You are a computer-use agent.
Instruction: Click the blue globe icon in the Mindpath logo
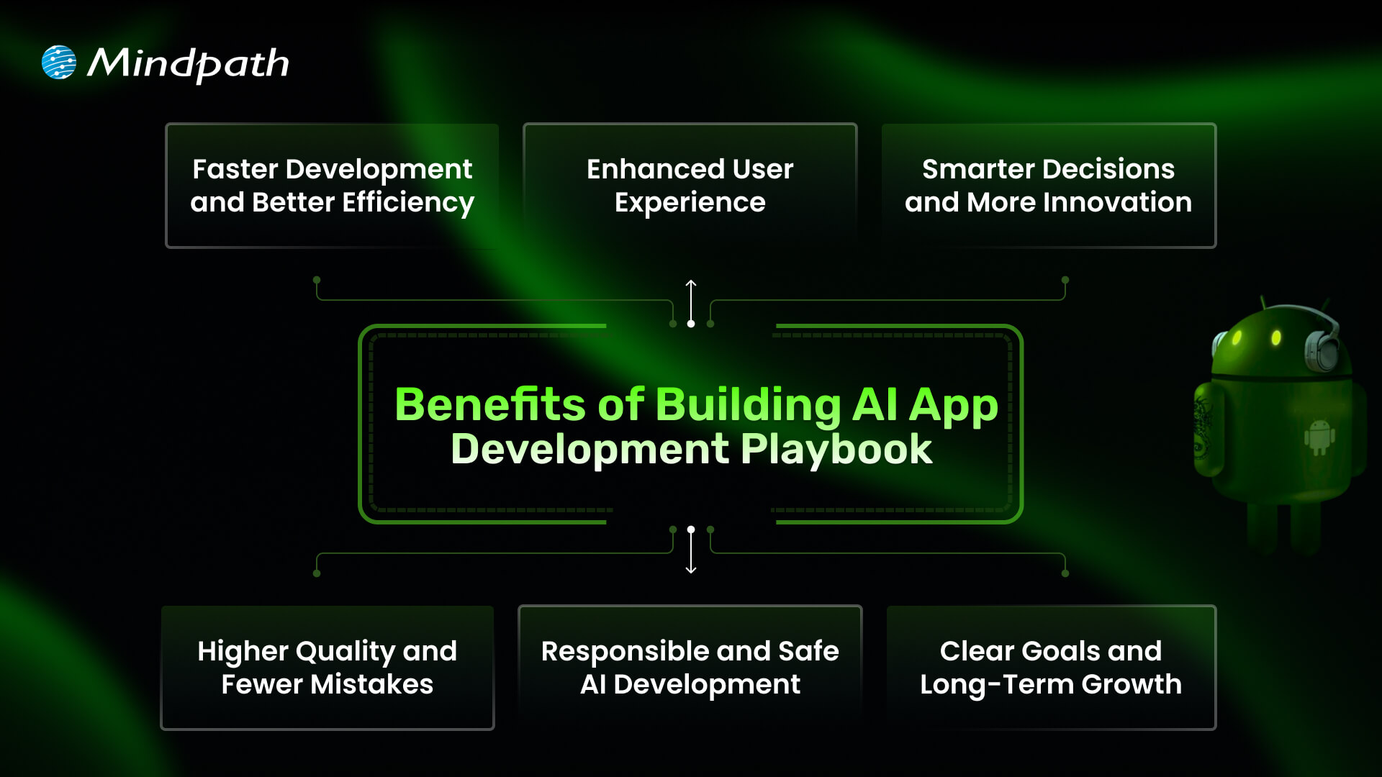click(x=59, y=63)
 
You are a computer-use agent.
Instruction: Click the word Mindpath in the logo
click(x=188, y=64)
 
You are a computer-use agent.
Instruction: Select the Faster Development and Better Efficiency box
click(x=332, y=186)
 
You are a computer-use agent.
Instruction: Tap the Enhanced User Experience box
click(x=690, y=186)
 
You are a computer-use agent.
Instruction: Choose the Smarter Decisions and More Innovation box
click(x=1048, y=186)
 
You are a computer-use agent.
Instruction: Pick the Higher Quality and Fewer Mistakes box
click(x=328, y=668)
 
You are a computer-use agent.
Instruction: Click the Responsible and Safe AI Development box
click(x=690, y=668)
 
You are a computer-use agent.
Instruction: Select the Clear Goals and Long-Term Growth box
click(x=1051, y=668)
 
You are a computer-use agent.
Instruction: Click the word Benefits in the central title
click(x=489, y=404)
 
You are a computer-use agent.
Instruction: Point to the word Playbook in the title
click(x=836, y=450)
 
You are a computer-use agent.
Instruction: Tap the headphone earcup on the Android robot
click(x=1323, y=351)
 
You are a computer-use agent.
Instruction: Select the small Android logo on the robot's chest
click(x=1319, y=437)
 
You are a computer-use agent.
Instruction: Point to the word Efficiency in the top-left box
click(x=408, y=203)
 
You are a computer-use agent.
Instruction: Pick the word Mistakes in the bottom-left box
click(x=371, y=684)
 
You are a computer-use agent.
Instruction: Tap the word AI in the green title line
click(x=875, y=404)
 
